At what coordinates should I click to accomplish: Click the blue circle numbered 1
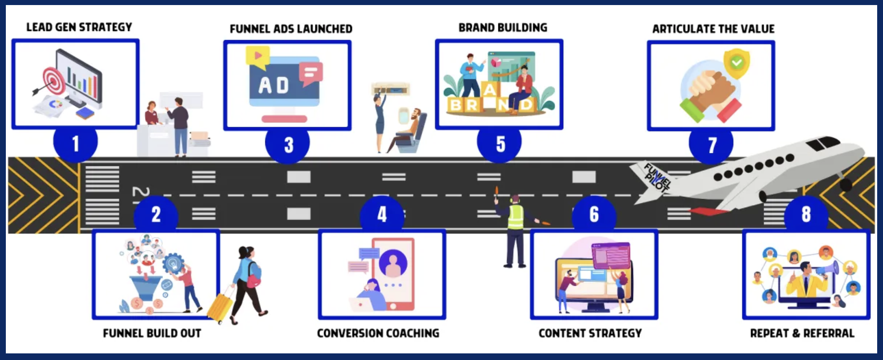(x=75, y=143)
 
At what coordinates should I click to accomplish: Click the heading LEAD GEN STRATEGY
(x=79, y=27)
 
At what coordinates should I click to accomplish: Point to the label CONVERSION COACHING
(x=378, y=333)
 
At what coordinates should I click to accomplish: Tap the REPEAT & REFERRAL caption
(x=802, y=333)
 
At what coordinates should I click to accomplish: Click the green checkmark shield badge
(x=736, y=63)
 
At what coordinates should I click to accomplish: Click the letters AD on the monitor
(x=274, y=85)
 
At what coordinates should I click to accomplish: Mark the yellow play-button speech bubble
(x=258, y=57)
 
